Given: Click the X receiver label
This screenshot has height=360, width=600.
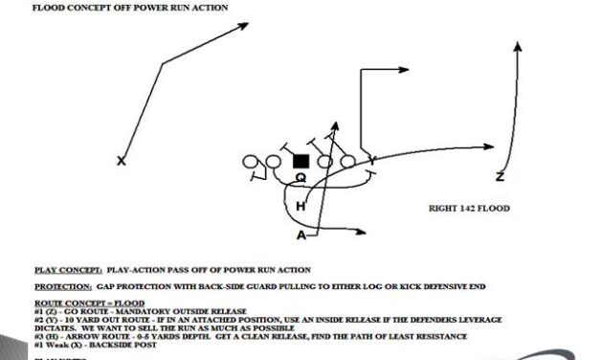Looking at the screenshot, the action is [x=122, y=161].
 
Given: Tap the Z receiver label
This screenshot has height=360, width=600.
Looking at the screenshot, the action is [x=500, y=176].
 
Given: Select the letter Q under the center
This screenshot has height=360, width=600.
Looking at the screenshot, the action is [x=300, y=176].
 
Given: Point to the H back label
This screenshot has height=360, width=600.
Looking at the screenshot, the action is [x=300, y=206].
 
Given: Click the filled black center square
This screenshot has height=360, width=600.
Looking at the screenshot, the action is [x=300, y=161].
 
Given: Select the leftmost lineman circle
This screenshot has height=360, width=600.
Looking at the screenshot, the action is [x=252, y=162].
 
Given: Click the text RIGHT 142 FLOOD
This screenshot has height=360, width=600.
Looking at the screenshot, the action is [x=468, y=208].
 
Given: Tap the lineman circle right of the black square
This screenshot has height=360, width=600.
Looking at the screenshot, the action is [x=324, y=161].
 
